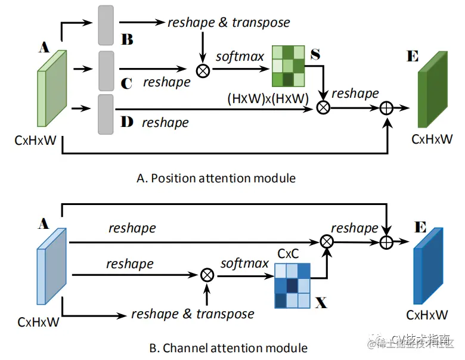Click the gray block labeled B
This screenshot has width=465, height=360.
(106, 25)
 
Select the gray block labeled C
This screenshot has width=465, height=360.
(106, 70)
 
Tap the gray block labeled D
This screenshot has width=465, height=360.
(106, 113)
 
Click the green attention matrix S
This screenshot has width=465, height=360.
(288, 66)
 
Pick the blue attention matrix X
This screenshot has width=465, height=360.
(292, 285)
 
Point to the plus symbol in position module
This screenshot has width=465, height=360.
(388, 108)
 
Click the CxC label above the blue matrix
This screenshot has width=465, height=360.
(288, 254)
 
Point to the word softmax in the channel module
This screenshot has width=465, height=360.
(244, 263)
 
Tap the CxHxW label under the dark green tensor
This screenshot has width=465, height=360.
(432, 139)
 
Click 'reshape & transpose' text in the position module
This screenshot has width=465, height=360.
(229, 23)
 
